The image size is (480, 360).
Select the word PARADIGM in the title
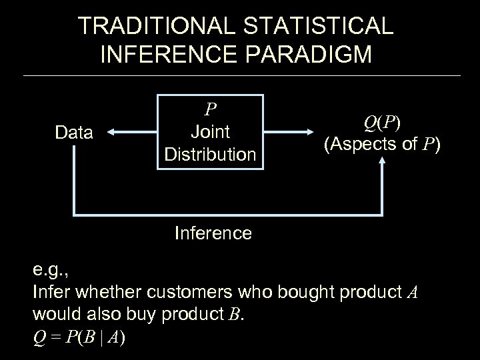(x=315, y=55)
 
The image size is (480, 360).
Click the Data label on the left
(x=74, y=133)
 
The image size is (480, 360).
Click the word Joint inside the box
(x=211, y=132)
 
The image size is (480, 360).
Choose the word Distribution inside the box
(x=211, y=155)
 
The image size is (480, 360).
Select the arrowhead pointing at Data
(x=111, y=133)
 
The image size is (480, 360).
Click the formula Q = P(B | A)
(x=78, y=337)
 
